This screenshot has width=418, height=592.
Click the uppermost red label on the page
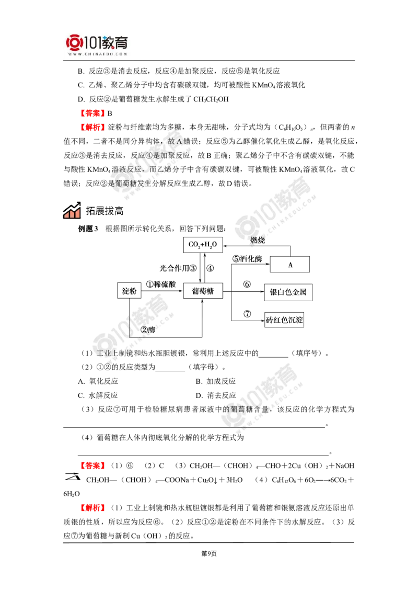[92, 113]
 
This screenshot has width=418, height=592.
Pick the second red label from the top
[92, 127]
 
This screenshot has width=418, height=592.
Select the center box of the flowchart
[203, 291]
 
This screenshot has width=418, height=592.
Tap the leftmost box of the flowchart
[129, 291]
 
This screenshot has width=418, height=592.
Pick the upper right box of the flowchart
[287, 292]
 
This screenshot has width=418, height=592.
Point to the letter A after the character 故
[179, 142]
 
